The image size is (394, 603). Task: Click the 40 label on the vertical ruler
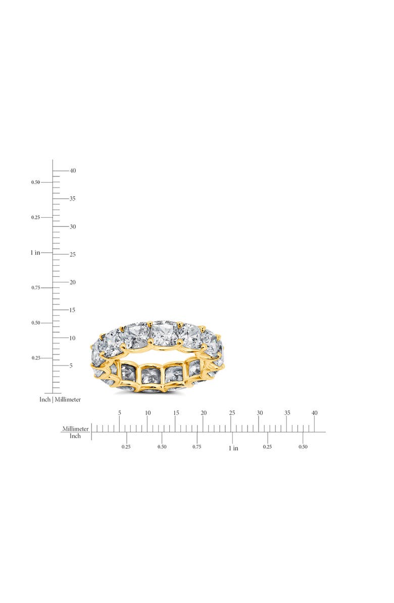(73, 171)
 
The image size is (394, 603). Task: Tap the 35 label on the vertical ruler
(73, 199)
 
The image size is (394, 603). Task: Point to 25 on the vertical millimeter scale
(73, 255)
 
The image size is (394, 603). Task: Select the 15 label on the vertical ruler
(73, 310)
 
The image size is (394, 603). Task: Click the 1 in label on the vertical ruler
(35, 252)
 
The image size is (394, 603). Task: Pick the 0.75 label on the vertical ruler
(35, 287)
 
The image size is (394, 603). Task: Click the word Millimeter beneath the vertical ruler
(68, 399)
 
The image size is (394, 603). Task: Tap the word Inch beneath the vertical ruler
(45, 399)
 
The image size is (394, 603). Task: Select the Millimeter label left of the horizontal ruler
(75, 429)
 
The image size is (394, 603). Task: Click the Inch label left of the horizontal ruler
(75, 436)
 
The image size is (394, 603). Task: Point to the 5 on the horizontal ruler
(120, 413)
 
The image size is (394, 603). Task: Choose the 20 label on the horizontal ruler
(204, 413)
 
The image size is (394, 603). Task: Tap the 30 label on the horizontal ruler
(260, 413)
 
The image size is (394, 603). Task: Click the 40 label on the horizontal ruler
(315, 413)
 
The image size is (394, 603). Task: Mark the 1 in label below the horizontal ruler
(233, 448)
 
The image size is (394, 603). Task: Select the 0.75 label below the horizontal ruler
(197, 447)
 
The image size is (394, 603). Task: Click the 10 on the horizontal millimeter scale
(147, 413)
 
